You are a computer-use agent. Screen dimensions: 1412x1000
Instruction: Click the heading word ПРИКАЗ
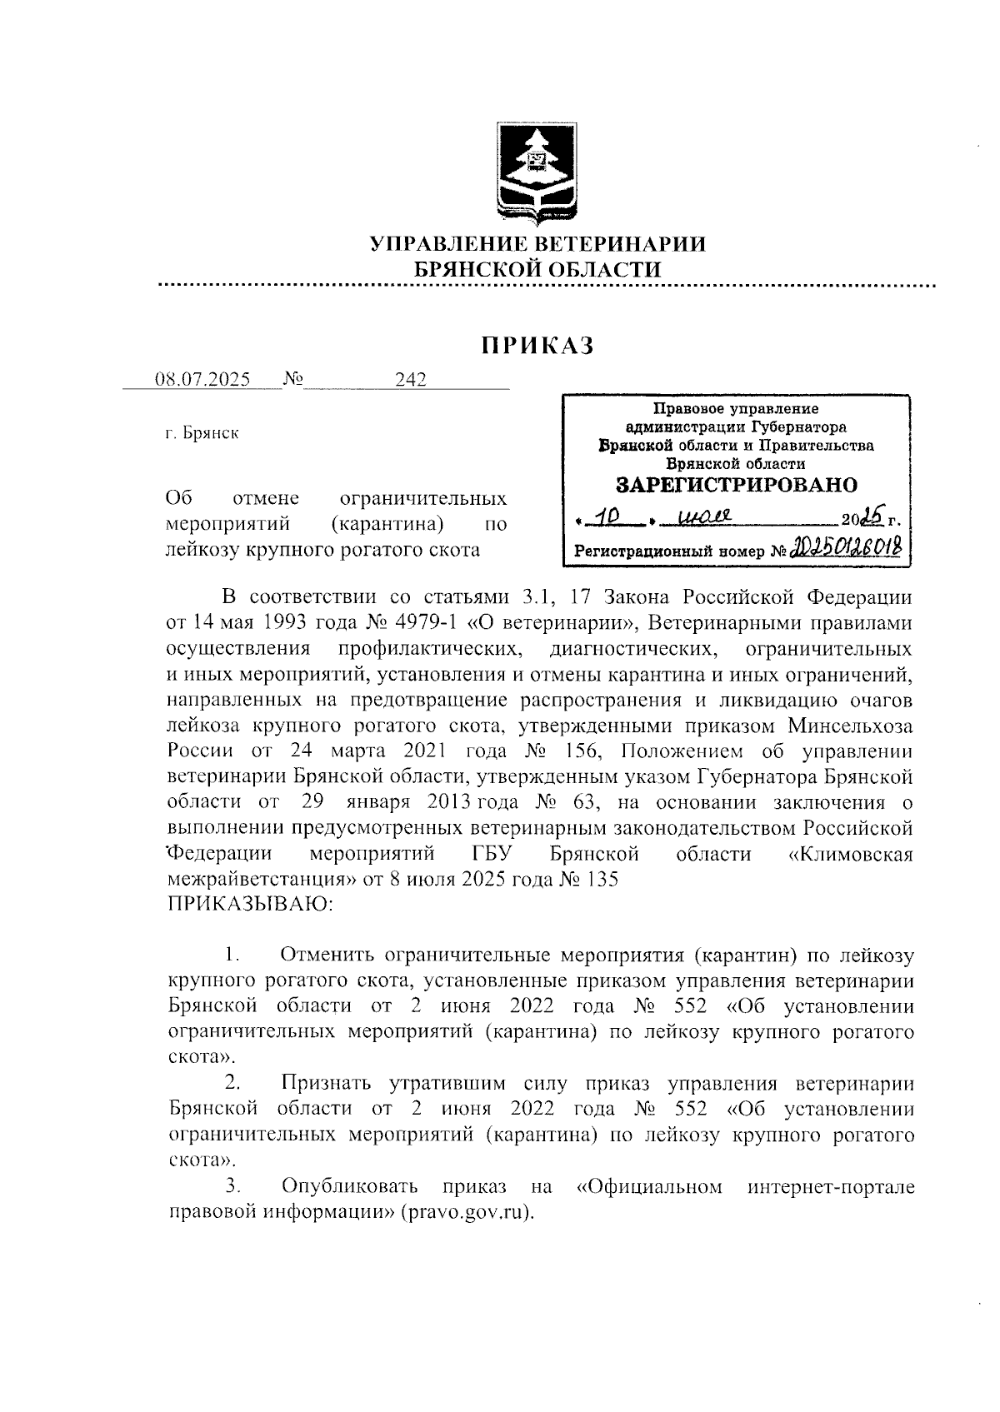pyautogui.click(x=536, y=344)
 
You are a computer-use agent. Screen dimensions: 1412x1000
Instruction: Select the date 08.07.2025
pyautogui.click(x=202, y=380)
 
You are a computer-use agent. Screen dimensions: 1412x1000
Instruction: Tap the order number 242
pyautogui.click(x=411, y=380)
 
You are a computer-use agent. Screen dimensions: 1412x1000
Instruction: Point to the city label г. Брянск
pyautogui.click(x=202, y=433)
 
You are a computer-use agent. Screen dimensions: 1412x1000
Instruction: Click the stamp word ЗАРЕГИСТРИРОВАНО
pyautogui.click(x=737, y=485)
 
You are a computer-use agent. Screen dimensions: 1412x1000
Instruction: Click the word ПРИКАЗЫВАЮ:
pyautogui.click(x=251, y=904)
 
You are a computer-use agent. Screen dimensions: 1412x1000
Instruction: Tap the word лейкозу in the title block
pyautogui.click(x=202, y=550)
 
